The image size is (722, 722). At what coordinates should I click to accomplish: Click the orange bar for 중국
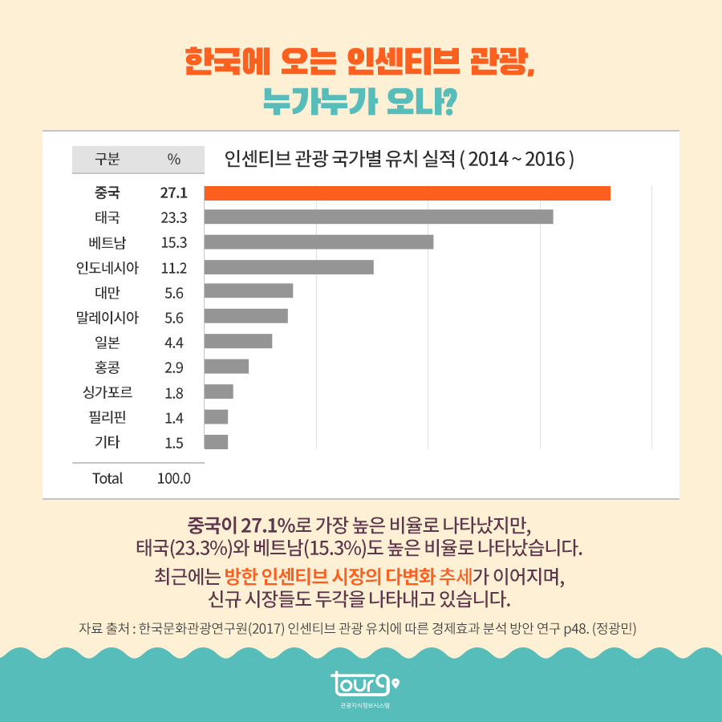(408, 193)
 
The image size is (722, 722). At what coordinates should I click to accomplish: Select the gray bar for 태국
(379, 217)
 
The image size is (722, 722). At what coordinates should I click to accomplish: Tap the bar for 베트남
(319, 242)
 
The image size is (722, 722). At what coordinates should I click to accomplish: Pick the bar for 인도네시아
(289, 267)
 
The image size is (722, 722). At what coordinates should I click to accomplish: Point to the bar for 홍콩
(226, 367)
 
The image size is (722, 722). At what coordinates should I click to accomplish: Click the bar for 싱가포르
(218, 391)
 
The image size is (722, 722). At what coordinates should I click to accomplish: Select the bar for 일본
(238, 342)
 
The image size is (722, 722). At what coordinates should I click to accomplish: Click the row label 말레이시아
(107, 318)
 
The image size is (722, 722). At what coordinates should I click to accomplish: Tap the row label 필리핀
(107, 417)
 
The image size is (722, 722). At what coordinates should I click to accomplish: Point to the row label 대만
(107, 292)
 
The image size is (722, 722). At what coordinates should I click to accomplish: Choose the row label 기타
(107, 442)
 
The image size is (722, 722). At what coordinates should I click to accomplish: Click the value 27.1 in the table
(173, 193)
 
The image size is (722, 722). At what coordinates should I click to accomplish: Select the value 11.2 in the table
(173, 268)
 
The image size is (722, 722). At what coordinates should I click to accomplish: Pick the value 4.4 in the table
(173, 343)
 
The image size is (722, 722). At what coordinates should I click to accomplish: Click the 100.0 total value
(174, 479)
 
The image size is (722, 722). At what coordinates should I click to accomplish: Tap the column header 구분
(107, 159)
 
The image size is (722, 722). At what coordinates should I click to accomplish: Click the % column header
(174, 159)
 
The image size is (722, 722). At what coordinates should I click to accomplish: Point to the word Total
(107, 479)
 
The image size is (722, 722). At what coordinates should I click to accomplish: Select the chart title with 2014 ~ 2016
(400, 158)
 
